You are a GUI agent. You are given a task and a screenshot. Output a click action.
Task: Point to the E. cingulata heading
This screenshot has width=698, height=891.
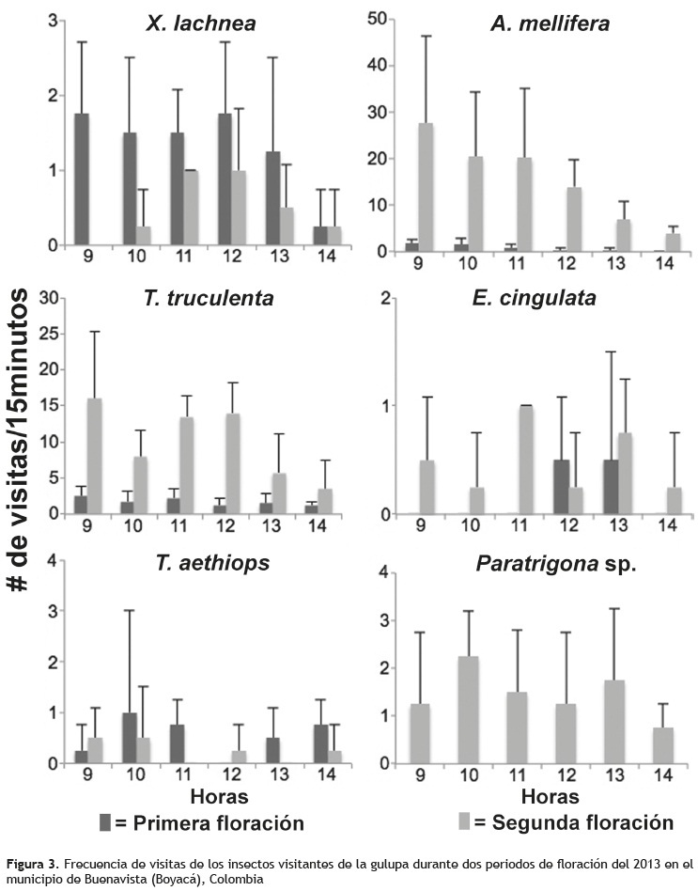[x=550, y=299]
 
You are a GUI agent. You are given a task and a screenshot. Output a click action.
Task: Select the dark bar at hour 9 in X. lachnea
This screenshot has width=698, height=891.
[x=82, y=179]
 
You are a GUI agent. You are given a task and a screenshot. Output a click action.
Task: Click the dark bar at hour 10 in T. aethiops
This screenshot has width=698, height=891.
[x=128, y=738]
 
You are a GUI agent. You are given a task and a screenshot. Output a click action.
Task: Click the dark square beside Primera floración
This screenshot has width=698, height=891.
[x=107, y=822]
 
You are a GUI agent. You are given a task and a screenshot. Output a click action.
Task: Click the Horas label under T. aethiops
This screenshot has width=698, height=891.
[x=220, y=797]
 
